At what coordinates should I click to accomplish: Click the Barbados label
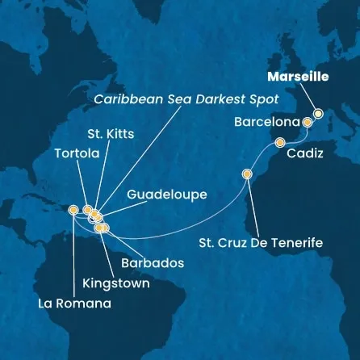[149, 263]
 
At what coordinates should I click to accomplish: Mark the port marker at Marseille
[318, 114]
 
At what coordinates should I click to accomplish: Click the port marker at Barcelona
[308, 123]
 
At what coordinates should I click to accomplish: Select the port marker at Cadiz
[280, 144]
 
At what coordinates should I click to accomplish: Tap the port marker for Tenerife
[248, 173]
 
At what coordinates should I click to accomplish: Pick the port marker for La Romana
[73, 210]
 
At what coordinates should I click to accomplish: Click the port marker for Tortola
[87, 210]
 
